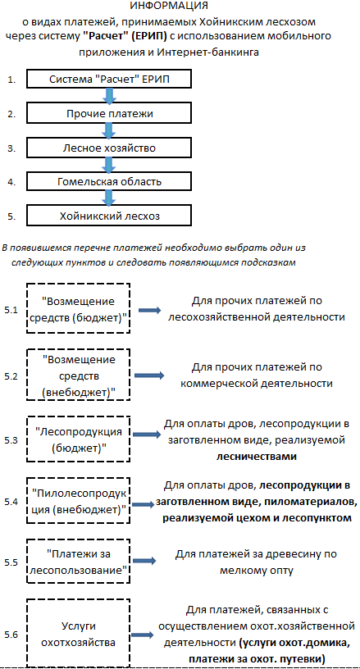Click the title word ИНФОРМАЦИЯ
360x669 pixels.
[168, 6]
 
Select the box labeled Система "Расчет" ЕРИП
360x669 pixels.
[109, 80]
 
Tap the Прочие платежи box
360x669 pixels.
[109, 113]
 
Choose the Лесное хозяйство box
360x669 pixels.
[109, 148]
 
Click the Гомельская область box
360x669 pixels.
[109, 182]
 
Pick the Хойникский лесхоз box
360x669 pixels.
[109, 216]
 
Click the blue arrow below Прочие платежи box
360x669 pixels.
[109, 130]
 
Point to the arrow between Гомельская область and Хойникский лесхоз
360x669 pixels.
[109, 199]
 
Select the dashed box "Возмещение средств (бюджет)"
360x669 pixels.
[78, 307]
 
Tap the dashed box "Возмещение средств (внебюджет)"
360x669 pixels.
[78, 374]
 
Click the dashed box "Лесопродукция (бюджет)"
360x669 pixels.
[78, 437]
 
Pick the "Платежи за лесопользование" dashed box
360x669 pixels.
[78, 562]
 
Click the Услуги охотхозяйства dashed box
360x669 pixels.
[78, 632]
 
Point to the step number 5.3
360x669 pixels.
[11, 440]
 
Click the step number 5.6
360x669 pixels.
[11, 635]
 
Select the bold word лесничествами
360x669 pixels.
[257, 456]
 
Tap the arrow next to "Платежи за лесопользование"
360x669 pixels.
[147, 561]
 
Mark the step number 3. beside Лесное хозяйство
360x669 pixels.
[11, 148]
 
